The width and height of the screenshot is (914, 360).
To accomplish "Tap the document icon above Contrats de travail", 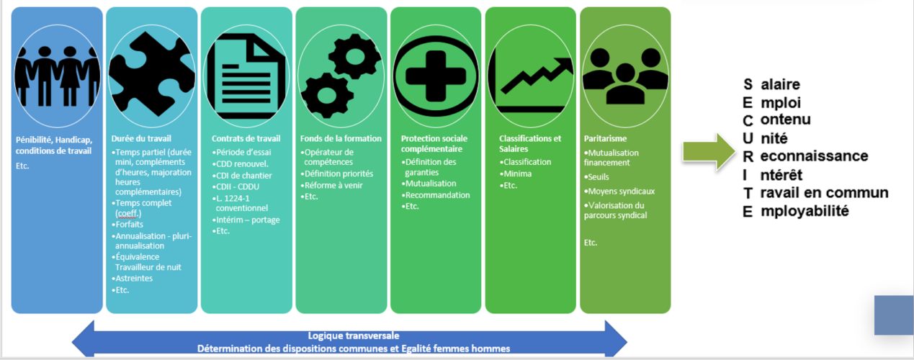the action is click(x=246, y=76).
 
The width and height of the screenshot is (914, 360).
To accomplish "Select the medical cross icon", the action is click(x=436, y=76).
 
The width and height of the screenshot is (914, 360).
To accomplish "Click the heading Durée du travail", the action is click(x=141, y=139).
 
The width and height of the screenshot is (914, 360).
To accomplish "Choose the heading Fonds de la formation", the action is click(x=341, y=139).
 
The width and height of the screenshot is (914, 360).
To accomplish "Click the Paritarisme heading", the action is click(x=605, y=139).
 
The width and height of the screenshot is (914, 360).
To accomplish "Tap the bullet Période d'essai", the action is click(x=241, y=152).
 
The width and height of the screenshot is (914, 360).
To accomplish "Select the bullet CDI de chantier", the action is click(x=242, y=176).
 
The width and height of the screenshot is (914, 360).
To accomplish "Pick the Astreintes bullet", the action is click(x=133, y=279).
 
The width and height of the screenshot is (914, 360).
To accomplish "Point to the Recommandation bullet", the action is click(x=436, y=195).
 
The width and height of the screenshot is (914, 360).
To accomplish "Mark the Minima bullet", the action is click(x=516, y=174).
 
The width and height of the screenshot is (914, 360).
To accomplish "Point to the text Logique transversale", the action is click(x=354, y=336).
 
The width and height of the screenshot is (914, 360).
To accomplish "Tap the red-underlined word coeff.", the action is click(x=128, y=213).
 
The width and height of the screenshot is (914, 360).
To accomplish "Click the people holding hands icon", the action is click(x=57, y=76).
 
